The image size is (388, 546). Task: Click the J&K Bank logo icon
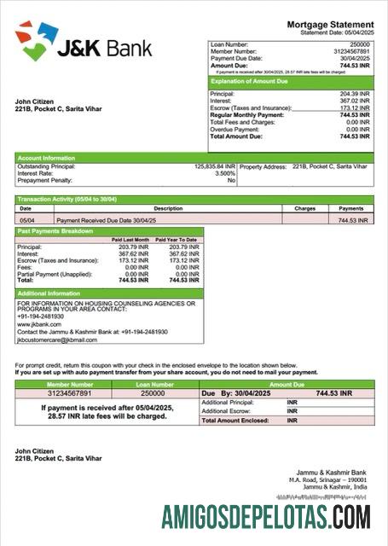click(36, 40)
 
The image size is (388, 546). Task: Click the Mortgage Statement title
click(330, 25)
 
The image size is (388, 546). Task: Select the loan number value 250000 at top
click(360, 44)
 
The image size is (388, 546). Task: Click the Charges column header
click(304, 208)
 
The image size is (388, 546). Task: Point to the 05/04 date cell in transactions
click(26, 220)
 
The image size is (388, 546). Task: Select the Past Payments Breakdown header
click(55, 231)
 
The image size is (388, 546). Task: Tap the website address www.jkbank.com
click(39, 324)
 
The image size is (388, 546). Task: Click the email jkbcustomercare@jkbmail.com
click(57, 340)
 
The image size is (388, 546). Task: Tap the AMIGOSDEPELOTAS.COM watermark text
click(266, 517)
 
